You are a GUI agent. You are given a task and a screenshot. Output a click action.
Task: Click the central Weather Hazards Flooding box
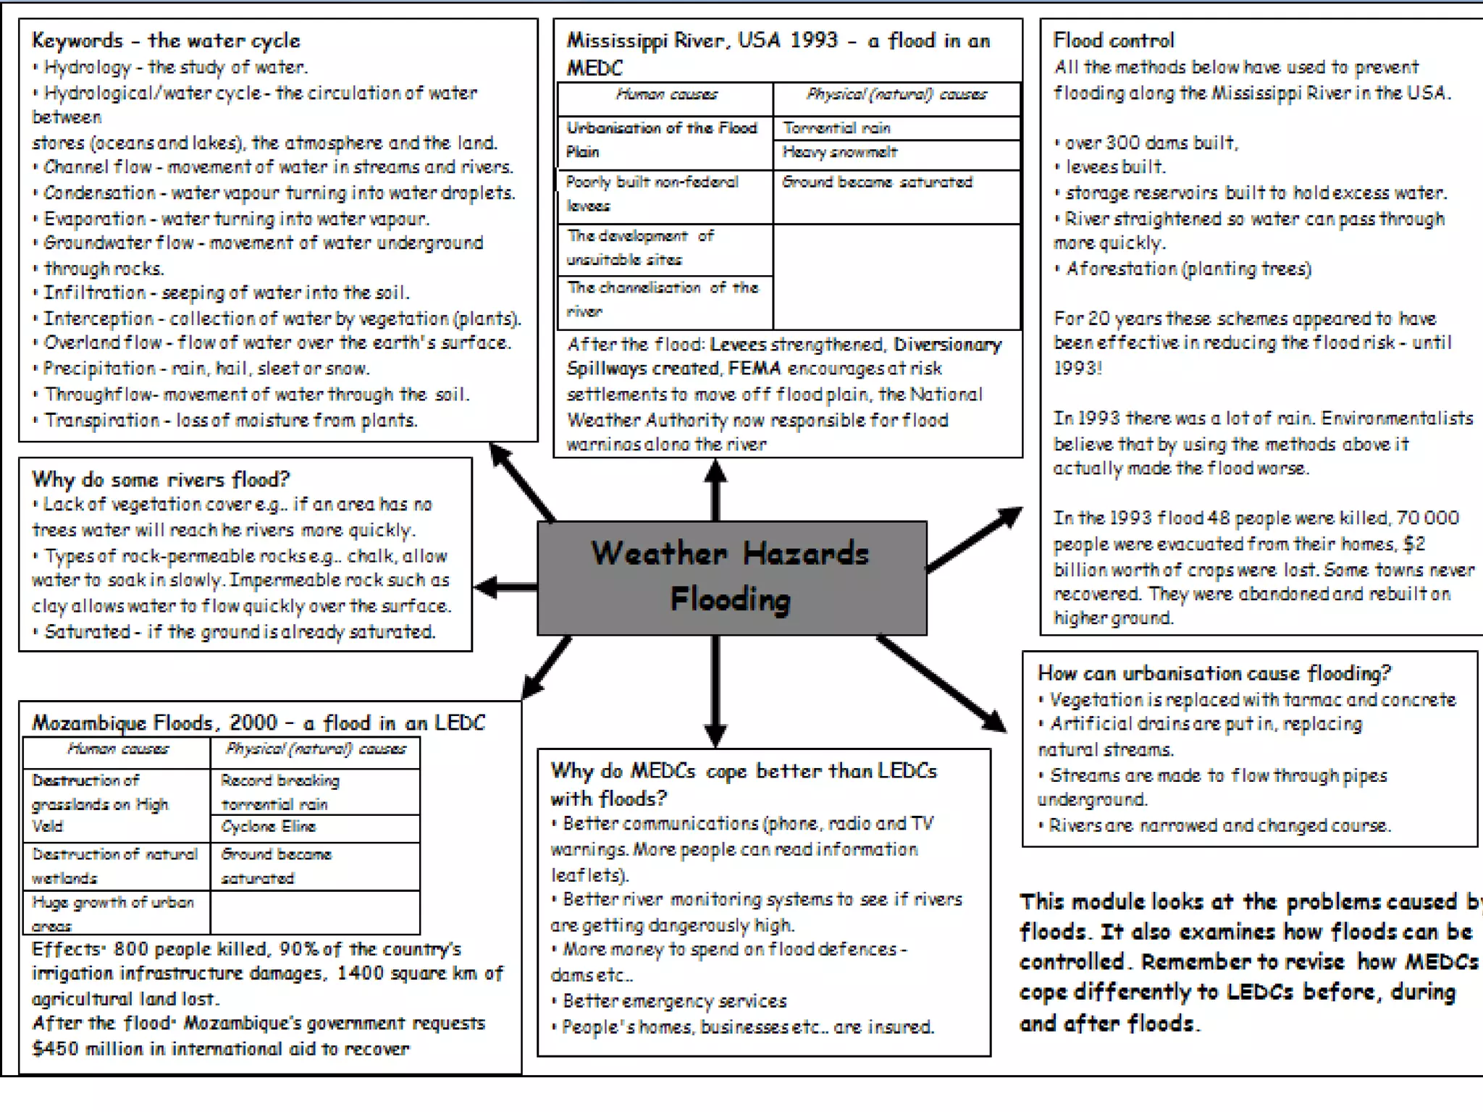(731, 578)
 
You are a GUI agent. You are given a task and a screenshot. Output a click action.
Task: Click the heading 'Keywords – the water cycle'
(166, 41)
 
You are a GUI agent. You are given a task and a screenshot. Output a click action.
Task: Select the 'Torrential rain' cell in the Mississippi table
(836, 128)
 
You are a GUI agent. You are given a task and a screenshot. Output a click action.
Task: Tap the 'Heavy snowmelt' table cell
(839, 152)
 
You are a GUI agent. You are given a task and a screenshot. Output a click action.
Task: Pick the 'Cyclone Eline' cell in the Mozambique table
(268, 827)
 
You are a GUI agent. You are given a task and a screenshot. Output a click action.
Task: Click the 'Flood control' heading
(1113, 41)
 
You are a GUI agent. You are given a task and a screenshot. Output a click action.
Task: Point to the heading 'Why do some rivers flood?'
(161, 479)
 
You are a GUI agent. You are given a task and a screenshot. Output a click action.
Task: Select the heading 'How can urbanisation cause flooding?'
(1214, 673)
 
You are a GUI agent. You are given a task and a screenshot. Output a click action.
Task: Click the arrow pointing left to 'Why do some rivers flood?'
(505, 586)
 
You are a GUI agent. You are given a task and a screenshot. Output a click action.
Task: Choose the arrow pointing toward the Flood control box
(975, 539)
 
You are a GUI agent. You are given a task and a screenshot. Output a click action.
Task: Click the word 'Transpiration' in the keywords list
(101, 421)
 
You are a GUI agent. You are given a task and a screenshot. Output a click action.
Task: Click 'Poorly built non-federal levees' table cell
(652, 193)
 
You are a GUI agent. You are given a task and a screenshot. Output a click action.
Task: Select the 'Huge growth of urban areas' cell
(113, 913)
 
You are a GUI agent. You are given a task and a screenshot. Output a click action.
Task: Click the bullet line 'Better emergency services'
(674, 1001)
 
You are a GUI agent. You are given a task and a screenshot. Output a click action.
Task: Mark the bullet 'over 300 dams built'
(1151, 143)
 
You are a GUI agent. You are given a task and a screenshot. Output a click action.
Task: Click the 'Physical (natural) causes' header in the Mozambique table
(315, 749)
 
